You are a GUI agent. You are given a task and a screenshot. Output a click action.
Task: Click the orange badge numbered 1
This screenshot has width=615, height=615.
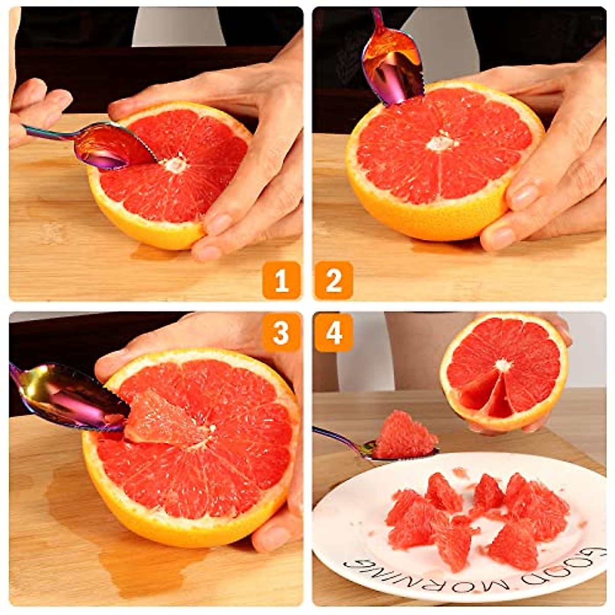click(281, 280)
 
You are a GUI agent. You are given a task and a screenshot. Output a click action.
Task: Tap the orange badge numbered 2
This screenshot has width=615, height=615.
click(334, 280)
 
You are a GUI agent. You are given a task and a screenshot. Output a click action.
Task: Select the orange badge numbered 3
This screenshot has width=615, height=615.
click(281, 333)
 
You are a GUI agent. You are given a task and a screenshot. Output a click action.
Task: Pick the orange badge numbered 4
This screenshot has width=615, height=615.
click(334, 333)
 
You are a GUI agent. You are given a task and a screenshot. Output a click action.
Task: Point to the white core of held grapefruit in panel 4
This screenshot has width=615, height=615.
click(503, 365)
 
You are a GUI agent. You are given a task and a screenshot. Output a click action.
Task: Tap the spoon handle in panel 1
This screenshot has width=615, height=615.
click(49, 134)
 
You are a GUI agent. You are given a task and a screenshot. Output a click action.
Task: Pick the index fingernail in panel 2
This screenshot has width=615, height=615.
click(523, 195)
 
